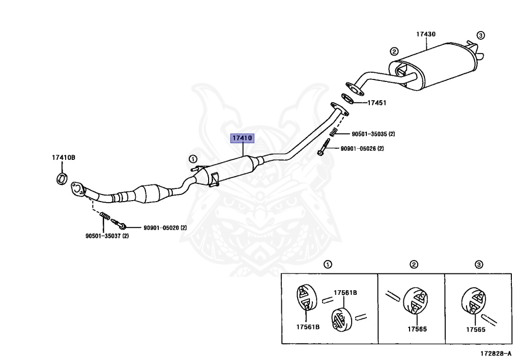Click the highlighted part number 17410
coord(243,138)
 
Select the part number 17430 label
coord(425,34)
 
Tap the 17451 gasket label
coord(377,103)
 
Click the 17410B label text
coord(63,157)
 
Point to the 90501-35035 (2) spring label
coord(373,134)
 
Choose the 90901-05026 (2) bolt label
coord(373,149)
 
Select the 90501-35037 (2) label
coord(107,236)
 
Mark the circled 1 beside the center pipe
coord(193,158)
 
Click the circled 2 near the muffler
coord(393,51)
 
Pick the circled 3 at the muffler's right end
coord(480,36)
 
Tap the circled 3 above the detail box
coord(479,264)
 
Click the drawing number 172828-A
coord(496,352)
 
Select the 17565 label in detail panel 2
coord(417,329)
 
